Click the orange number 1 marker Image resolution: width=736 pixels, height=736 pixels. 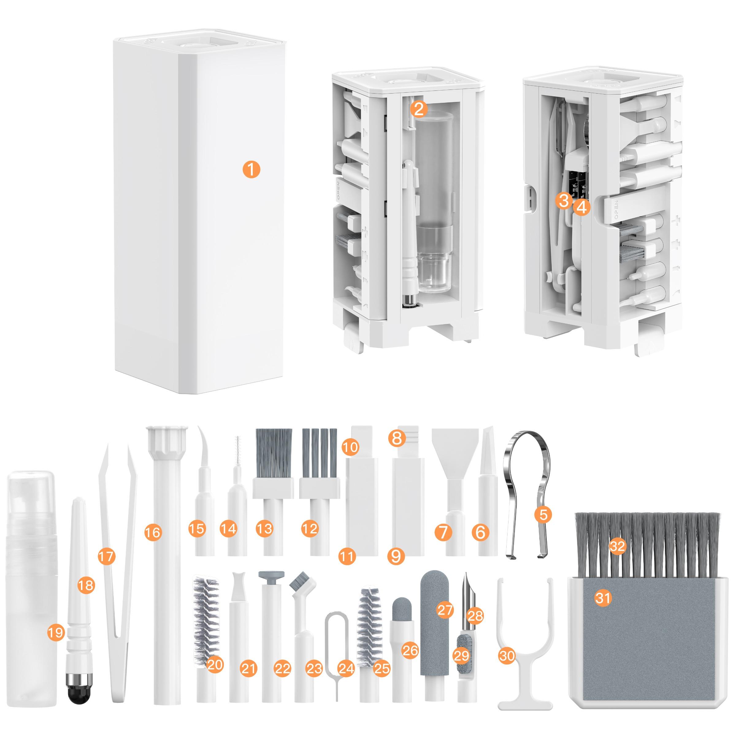[251, 169]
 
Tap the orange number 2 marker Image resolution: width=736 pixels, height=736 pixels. [419, 110]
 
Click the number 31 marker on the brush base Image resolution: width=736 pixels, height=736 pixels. [603, 598]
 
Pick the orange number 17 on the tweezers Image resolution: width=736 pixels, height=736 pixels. [106, 556]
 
